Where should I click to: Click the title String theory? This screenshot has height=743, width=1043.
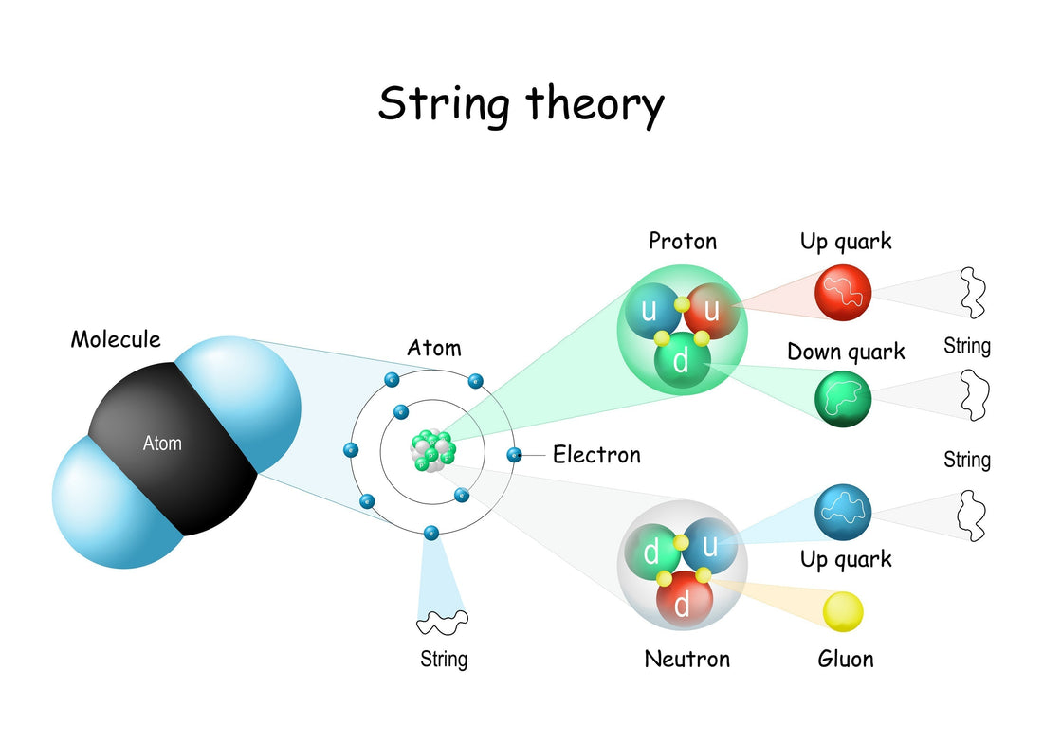tap(521, 104)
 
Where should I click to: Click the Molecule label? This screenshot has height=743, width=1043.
tap(116, 338)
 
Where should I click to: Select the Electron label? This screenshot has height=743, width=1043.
tap(596, 455)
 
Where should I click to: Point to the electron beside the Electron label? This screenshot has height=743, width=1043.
tap(514, 455)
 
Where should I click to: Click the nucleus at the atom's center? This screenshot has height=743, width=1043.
tap(433, 450)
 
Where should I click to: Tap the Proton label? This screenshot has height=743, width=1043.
tap(683, 241)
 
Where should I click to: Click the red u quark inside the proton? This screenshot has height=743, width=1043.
tap(711, 309)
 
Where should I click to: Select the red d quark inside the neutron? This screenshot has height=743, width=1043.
tap(681, 603)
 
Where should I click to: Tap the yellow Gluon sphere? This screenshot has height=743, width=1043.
tap(843, 611)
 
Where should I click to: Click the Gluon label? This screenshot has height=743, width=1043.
tap(845, 658)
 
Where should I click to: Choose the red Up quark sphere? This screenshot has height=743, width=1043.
tap(843, 292)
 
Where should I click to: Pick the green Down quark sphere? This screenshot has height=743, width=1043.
tap(843, 398)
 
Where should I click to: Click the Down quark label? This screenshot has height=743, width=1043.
tap(846, 353)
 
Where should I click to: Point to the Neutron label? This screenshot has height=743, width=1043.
tap(687, 658)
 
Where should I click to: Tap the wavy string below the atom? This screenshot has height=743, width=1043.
tap(443, 622)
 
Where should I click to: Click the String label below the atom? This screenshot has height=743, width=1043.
tap(444, 658)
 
